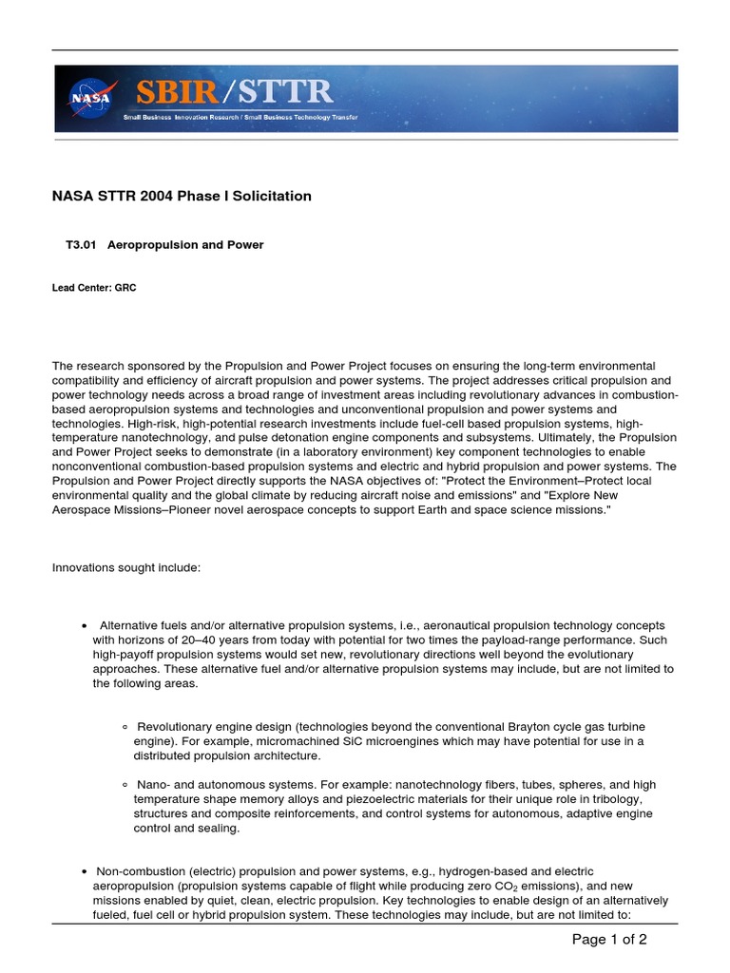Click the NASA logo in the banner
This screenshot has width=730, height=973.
pos(90,97)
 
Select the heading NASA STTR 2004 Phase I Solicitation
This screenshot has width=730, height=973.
pos(181,197)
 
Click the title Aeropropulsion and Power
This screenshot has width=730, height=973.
pos(185,245)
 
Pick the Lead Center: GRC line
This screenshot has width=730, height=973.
pos(94,288)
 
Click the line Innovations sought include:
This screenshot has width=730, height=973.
pos(125,567)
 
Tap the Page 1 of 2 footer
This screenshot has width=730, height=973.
pos(609,940)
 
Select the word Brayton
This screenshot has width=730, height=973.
pos(534,727)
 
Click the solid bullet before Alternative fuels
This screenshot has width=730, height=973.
pos(86,626)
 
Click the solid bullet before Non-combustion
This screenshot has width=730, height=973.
pos(86,871)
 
